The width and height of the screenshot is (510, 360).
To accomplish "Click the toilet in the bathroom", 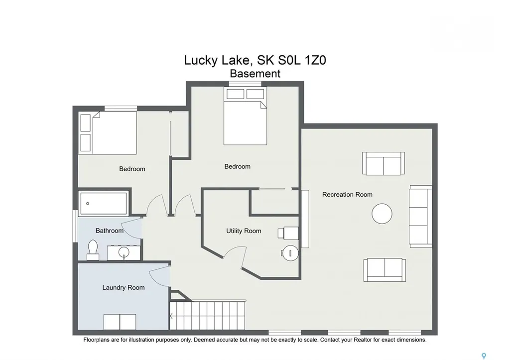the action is (x=93, y=250).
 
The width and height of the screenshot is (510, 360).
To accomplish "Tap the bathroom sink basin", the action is (x=124, y=252).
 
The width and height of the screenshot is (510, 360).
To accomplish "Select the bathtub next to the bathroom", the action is (x=104, y=204).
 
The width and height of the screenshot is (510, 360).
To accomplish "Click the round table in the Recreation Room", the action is (x=382, y=214).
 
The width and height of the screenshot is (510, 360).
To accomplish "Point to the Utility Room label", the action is (x=244, y=231).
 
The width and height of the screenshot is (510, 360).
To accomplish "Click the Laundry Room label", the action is (x=124, y=287).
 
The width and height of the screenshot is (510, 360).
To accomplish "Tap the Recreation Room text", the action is (x=347, y=195).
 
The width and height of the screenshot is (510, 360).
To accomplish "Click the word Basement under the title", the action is (x=255, y=74).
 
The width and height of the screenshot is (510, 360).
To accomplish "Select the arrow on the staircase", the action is (x=171, y=316).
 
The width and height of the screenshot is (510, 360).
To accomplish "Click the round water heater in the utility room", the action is (x=290, y=253).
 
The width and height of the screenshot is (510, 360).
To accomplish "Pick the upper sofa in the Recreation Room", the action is (x=383, y=164).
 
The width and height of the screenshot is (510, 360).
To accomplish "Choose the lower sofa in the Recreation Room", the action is (x=384, y=270).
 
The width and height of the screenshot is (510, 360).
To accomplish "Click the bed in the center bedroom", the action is (x=245, y=116).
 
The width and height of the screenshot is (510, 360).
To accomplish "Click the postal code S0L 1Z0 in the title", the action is (x=292, y=60).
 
